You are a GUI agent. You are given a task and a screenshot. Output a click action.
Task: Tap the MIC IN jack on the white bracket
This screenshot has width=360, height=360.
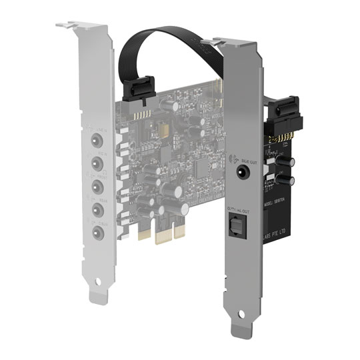pyautogui.click(x=97, y=163)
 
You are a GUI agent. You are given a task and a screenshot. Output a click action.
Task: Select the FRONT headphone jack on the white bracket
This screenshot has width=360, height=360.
pyautogui.click(x=97, y=185)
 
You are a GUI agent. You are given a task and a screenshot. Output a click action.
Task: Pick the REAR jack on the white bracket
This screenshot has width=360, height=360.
pyautogui.click(x=97, y=209)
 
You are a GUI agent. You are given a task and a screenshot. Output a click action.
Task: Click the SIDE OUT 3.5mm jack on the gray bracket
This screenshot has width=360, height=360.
pyautogui.click(x=241, y=171)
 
